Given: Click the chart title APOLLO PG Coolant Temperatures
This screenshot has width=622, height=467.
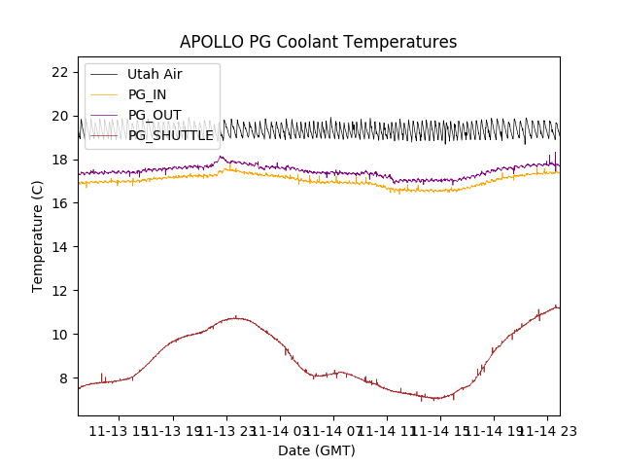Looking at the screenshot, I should click(318, 43).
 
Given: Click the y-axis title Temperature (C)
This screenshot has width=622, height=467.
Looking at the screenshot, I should click(38, 236).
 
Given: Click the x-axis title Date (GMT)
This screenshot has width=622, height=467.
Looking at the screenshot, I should click(317, 450).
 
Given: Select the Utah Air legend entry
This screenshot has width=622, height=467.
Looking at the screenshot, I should click(154, 74).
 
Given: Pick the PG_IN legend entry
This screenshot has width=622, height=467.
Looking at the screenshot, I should click(148, 94).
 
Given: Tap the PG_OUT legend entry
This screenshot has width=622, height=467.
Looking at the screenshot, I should click(154, 115).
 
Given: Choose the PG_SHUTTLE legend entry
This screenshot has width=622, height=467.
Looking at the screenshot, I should click(170, 135).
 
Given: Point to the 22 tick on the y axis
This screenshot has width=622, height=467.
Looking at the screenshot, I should click(59, 72).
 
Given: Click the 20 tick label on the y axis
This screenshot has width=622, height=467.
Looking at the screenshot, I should click(59, 116).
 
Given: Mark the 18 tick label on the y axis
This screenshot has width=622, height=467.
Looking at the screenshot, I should click(59, 160).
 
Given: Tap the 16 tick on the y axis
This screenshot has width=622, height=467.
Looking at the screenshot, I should click(59, 203).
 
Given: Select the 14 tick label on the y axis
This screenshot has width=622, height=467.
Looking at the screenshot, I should click(59, 247).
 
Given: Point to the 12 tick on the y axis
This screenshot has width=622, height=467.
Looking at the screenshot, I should click(59, 291).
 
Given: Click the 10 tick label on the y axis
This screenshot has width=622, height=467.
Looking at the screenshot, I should click(59, 335).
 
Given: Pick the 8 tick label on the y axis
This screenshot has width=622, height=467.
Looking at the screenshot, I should click(63, 378).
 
